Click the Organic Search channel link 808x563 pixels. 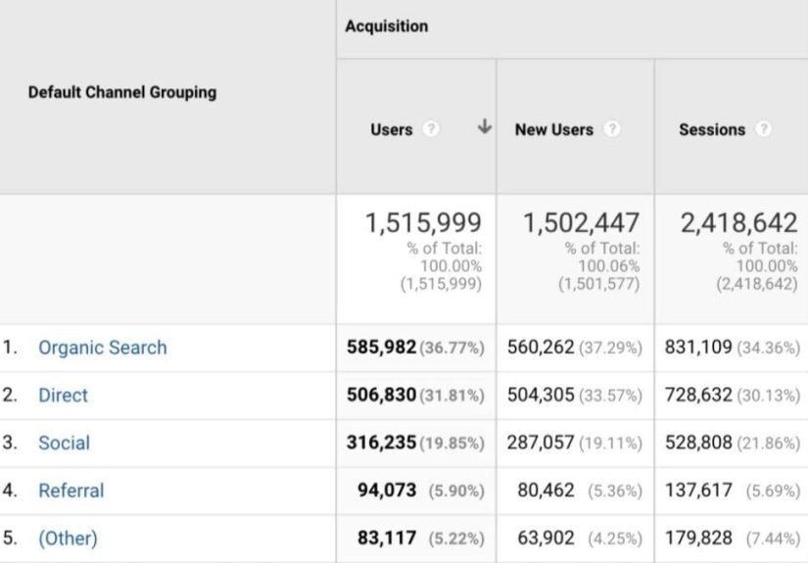click(102, 348)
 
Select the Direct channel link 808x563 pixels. click(63, 396)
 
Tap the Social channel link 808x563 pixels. click(64, 443)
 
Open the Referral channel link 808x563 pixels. click(71, 491)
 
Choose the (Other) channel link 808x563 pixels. click(68, 539)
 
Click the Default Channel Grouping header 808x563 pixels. click(122, 92)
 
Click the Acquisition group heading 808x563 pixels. click(386, 26)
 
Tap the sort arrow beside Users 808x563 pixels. click(484, 128)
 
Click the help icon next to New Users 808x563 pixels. click(612, 129)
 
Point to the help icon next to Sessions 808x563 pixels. click(763, 129)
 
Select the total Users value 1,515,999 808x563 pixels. click(423, 223)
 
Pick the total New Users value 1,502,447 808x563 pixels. click(581, 223)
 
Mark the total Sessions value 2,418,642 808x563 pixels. click(738, 223)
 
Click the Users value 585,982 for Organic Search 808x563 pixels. click(381, 348)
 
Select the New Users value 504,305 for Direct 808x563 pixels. click(541, 396)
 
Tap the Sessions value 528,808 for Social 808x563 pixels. click(698, 443)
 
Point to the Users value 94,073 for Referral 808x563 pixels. click(387, 491)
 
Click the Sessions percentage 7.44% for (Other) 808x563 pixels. click(773, 539)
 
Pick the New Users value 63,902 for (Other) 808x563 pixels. click(547, 539)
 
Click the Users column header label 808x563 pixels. click(391, 129)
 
